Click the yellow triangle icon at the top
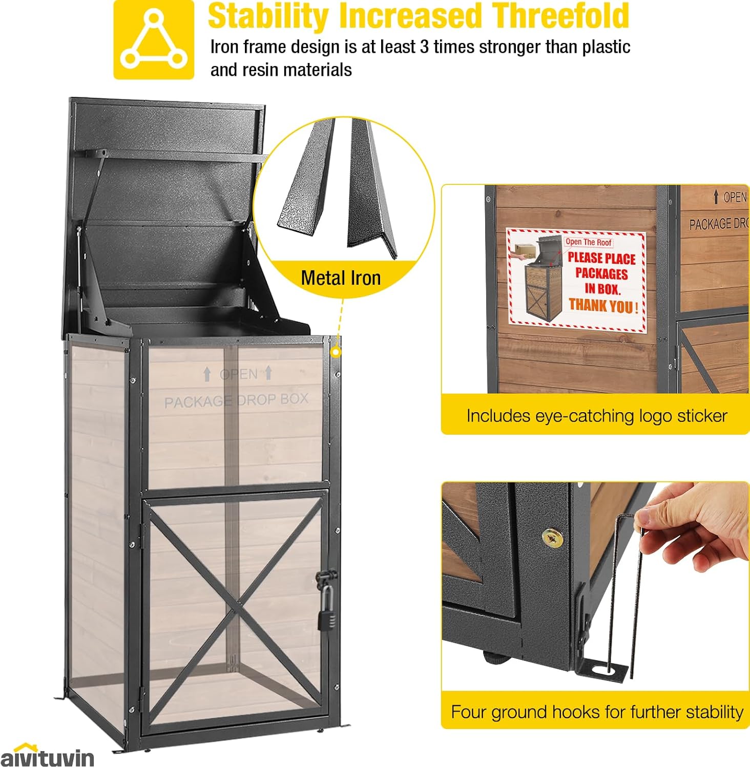[154, 40]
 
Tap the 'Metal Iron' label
[341, 278]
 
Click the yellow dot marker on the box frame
[335, 352]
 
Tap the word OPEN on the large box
[238, 374]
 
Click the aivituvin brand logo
[47, 756]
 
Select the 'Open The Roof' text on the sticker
[588, 242]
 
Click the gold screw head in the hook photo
[552, 537]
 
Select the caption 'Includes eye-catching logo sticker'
[596, 416]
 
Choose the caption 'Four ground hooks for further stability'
[596, 712]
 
